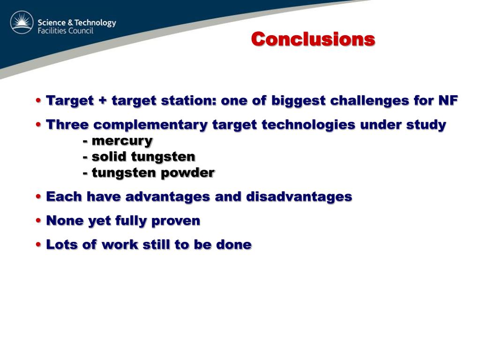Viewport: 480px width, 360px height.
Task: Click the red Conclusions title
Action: (313, 39)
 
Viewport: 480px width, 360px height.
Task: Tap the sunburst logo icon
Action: (22, 22)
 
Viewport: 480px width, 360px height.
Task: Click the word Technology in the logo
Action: (96, 22)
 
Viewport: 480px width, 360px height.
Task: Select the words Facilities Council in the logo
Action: (65, 30)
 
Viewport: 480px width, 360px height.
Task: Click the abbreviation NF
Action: (448, 100)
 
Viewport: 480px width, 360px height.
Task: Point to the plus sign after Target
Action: (103, 101)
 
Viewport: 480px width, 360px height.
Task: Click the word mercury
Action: (122, 141)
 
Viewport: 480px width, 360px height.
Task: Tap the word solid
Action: (109, 157)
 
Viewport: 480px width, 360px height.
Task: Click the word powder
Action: (187, 173)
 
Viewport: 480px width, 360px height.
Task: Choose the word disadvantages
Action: (299, 196)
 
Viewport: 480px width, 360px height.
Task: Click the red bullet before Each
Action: (38, 196)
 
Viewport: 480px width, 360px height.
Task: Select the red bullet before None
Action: (38, 220)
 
